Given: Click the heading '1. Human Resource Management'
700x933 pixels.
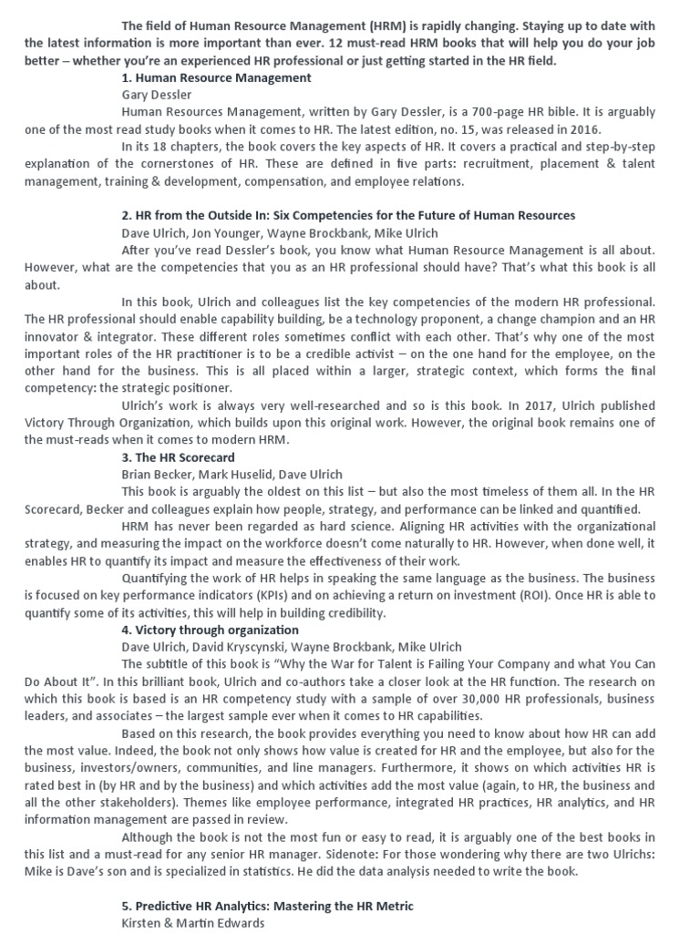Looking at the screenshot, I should pos(216,77).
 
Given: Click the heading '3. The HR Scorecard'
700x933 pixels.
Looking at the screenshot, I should pos(178,457).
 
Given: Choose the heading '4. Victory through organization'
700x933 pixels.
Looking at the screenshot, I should pos(210,630).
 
